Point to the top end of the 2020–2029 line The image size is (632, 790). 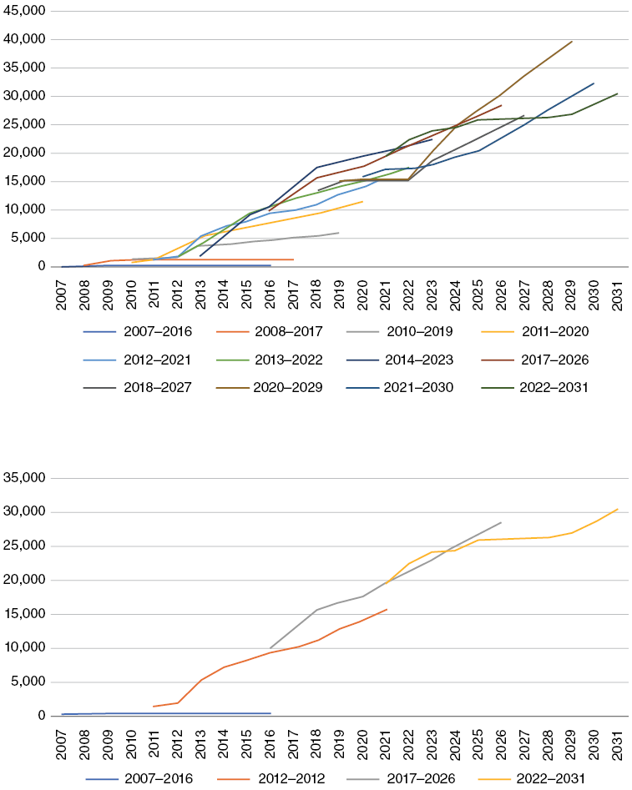pos(572,41)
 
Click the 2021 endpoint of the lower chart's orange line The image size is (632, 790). pos(387,609)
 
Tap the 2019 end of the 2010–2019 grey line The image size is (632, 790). pos(338,233)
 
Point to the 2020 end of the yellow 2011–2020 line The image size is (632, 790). pos(362,201)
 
